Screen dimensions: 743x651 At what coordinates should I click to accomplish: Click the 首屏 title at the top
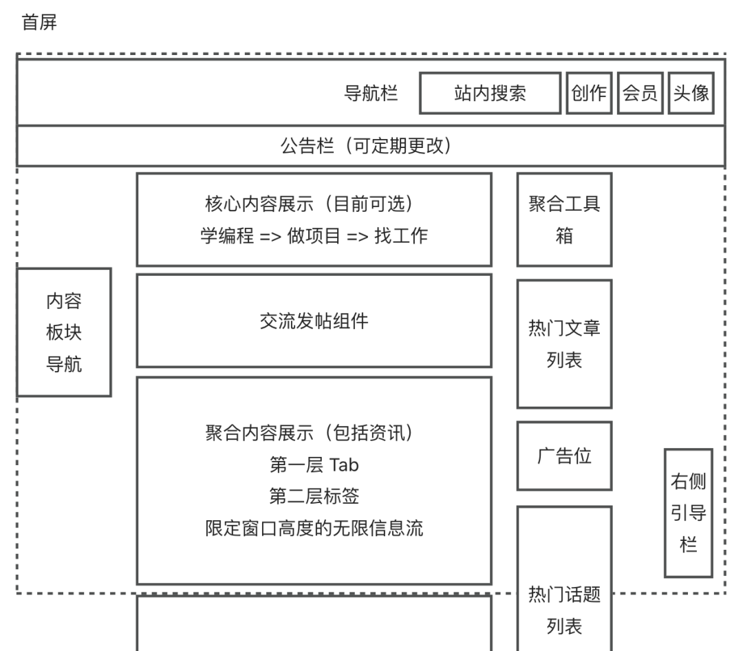tap(39, 22)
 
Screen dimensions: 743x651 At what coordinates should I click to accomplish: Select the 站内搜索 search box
tap(491, 93)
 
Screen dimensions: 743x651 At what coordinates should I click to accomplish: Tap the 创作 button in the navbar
tap(589, 93)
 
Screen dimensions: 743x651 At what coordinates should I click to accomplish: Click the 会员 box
tap(640, 93)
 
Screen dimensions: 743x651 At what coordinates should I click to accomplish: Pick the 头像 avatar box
tap(691, 93)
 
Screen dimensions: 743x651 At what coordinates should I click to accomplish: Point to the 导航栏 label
tap(371, 93)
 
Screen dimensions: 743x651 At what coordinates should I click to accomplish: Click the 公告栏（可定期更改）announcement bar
tap(371, 146)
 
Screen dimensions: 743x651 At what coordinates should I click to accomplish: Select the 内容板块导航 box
tap(64, 332)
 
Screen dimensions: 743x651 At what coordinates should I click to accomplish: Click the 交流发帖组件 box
tap(314, 321)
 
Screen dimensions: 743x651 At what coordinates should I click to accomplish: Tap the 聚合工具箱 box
tap(564, 220)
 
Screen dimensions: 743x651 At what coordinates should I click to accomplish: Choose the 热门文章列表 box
tap(564, 344)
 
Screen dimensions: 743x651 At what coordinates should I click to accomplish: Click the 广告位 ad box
tap(564, 456)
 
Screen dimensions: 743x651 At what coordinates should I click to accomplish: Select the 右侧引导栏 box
tap(689, 513)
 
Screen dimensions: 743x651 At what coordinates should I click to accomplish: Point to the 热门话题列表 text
tap(564, 610)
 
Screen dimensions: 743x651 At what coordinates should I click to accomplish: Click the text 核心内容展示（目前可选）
tap(309, 204)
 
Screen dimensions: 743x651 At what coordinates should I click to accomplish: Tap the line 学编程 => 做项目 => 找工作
tap(314, 235)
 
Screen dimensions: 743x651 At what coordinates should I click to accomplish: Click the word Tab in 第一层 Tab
tap(343, 465)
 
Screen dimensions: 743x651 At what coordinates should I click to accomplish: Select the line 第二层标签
tap(314, 496)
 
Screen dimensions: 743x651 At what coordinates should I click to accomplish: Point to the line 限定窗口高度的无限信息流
tap(314, 529)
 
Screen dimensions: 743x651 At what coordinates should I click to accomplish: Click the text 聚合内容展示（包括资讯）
tap(309, 433)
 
